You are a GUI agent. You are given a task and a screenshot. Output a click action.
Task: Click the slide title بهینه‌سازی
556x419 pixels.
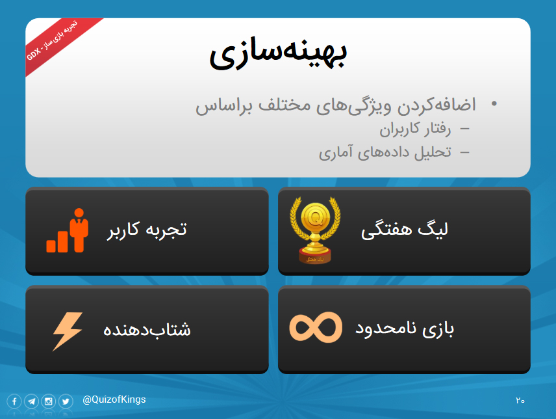click(279, 54)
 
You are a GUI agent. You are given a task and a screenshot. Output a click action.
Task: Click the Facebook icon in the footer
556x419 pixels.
click(14, 401)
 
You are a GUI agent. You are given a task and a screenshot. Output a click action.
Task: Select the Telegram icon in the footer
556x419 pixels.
click(32, 401)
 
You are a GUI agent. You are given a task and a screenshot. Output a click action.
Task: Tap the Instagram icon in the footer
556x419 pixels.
click(49, 401)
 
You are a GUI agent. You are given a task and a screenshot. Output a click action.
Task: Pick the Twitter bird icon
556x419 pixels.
click(66, 401)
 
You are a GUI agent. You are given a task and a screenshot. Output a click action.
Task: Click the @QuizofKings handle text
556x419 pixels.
click(114, 400)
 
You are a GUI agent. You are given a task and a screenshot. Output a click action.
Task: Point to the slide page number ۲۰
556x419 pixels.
click(520, 401)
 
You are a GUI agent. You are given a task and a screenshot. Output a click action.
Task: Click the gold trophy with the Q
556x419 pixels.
click(315, 230)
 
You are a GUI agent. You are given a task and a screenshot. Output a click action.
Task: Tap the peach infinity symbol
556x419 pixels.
click(316, 327)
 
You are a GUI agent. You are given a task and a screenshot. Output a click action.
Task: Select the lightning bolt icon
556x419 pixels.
click(68, 332)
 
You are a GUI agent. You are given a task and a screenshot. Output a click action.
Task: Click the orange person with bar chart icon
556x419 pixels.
click(68, 230)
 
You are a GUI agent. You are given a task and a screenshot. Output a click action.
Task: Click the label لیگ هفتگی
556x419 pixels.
click(405, 230)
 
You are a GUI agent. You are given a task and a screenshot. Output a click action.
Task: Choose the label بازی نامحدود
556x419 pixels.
click(405, 329)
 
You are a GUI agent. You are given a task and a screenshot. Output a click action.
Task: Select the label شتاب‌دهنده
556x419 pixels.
click(147, 329)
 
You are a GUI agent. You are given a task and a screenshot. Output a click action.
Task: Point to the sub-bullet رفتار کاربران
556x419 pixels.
click(415, 129)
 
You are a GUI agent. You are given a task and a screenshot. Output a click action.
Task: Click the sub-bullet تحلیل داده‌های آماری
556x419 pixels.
click(385, 153)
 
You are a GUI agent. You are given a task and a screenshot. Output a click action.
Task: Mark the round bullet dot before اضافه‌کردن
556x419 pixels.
click(494, 103)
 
